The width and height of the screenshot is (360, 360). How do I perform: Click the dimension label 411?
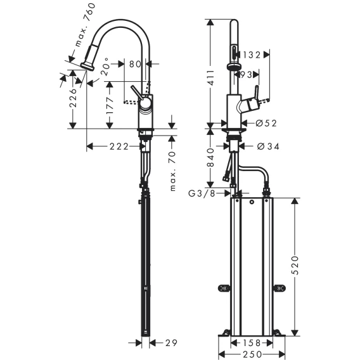(x=211, y=77)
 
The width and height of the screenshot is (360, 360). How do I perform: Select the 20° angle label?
(x=105, y=67)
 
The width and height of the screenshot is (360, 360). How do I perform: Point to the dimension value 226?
(x=73, y=98)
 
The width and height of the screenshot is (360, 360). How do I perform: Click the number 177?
(x=110, y=105)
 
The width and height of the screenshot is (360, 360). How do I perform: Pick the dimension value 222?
(x=119, y=146)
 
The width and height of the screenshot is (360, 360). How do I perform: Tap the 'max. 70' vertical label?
(x=172, y=171)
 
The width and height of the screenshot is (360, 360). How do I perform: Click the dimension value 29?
(x=171, y=343)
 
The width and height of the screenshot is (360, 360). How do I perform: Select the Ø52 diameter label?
(x=266, y=124)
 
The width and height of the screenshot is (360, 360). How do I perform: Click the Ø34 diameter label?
(x=268, y=146)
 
